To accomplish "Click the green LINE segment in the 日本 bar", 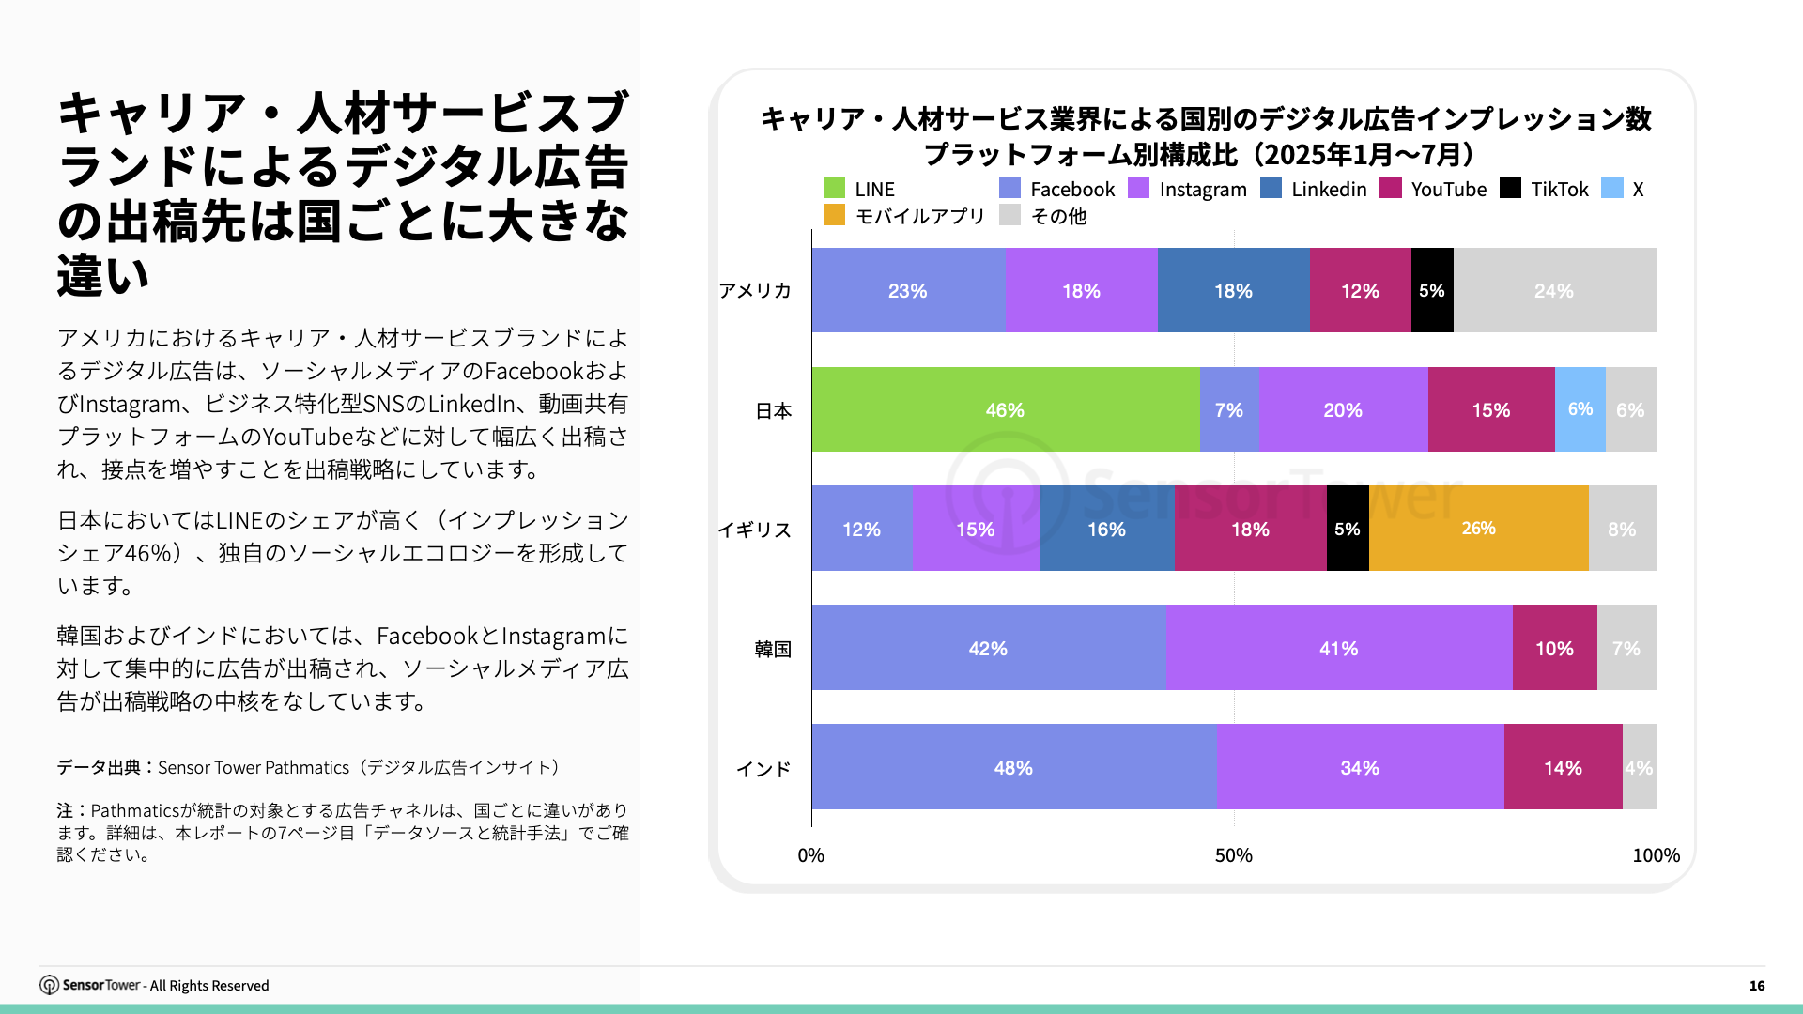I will pyautogui.click(x=1005, y=409).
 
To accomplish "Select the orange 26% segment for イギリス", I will pyautogui.click(x=1478, y=529).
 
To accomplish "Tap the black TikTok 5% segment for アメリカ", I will pyautogui.click(x=1431, y=290).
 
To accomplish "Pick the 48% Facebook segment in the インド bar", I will pyautogui.click(x=1013, y=767).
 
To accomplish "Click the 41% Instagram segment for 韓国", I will pyautogui.click(x=1338, y=648).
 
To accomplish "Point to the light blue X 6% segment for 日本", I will pyautogui.click(x=1580, y=409).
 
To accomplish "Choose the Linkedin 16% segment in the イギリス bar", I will pyautogui.click(x=1106, y=529).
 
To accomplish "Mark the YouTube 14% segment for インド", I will pyautogui.click(x=1563, y=767).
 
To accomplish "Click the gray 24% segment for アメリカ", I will pyautogui.click(x=1554, y=290).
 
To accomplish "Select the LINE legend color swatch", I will pyautogui.click(x=834, y=188).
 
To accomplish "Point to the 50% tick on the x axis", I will pyautogui.click(x=1233, y=855).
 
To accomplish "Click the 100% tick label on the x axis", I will pyautogui.click(x=1656, y=855).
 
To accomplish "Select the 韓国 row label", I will pyautogui.click(x=773, y=649).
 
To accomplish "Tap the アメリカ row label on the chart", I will pyautogui.click(x=755, y=290).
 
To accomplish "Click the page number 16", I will pyautogui.click(x=1756, y=985).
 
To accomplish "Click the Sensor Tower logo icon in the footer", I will pyautogui.click(x=48, y=985).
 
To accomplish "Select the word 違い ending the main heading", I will pyautogui.click(x=102, y=276).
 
